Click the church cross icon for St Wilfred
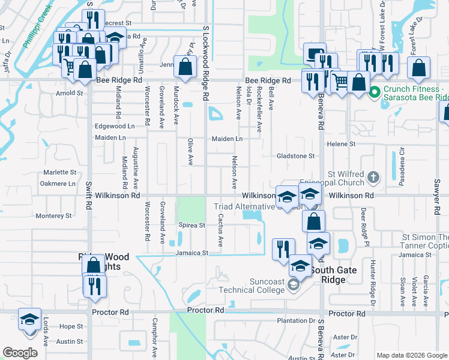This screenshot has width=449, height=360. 373,177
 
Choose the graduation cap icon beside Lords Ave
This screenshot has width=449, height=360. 29,321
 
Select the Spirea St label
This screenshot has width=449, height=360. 192,226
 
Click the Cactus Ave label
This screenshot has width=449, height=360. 220,231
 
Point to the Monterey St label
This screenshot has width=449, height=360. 53,215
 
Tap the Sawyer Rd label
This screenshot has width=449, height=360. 433,201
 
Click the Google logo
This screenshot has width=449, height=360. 20,353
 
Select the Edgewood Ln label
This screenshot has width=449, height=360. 115,127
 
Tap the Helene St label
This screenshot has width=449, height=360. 341,144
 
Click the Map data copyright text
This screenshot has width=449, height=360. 411,355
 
